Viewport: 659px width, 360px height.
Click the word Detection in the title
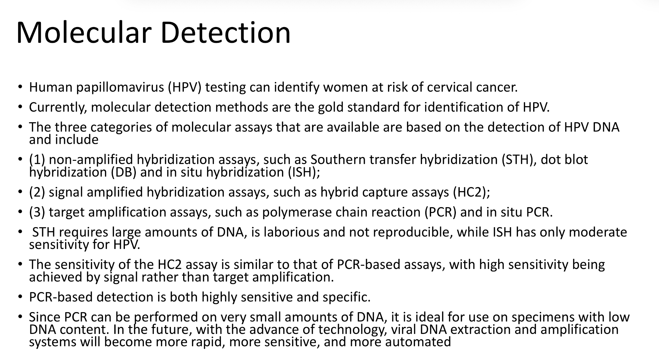(x=225, y=32)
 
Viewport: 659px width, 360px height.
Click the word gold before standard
(x=331, y=107)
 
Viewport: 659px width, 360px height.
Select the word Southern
(x=337, y=160)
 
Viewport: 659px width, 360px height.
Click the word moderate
(x=598, y=232)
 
